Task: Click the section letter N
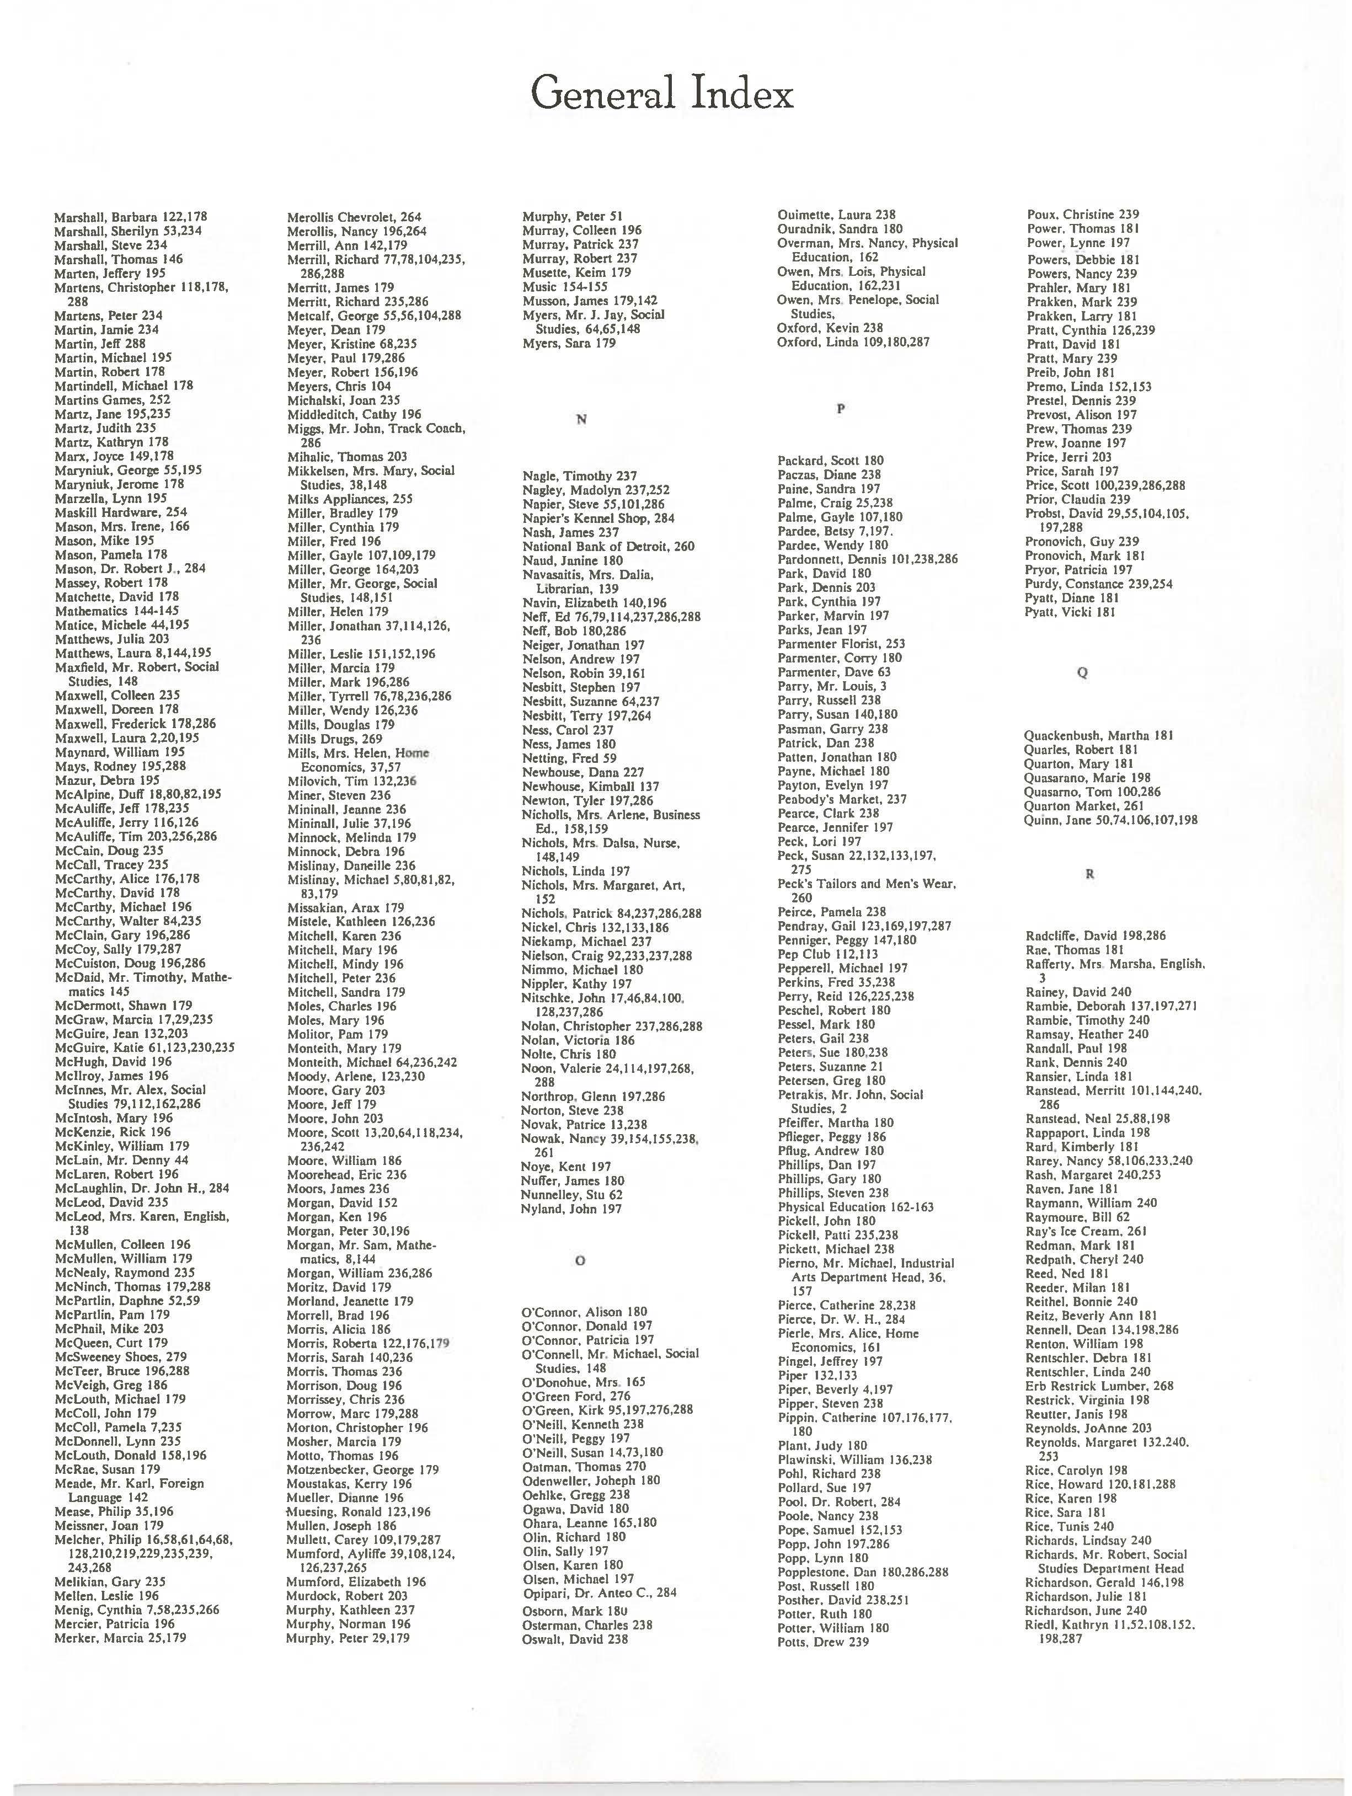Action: pyautogui.click(x=581, y=419)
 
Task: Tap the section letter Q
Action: pyautogui.click(x=1082, y=672)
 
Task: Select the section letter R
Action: pyautogui.click(x=1090, y=874)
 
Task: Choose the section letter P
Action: pyautogui.click(x=841, y=409)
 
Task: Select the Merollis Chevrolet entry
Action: pyautogui.click(x=354, y=217)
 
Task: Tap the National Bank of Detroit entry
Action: pyautogui.click(x=608, y=547)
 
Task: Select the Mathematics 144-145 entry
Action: pyautogui.click(x=116, y=611)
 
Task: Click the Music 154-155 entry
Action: pyautogui.click(x=565, y=287)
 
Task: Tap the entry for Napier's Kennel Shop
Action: pyautogui.click(x=597, y=518)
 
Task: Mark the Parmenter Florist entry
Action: pyautogui.click(x=841, y=644)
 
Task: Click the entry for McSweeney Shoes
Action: pyautogui.click(x=120, y=1357)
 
